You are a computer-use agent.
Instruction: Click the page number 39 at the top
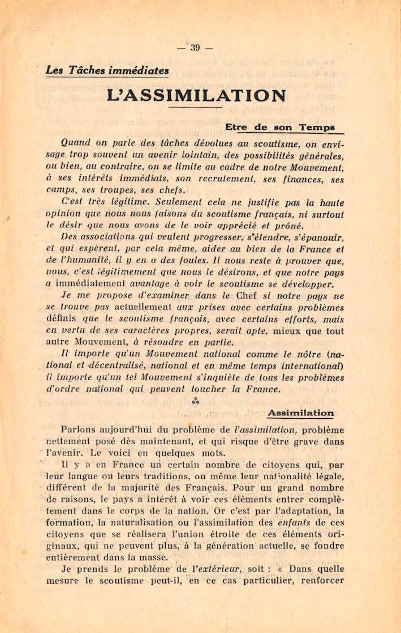195,48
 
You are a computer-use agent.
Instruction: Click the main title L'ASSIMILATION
196,95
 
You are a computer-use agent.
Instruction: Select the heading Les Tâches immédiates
107,70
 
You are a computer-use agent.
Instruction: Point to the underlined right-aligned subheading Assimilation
300,413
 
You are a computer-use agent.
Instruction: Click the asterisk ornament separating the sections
196,401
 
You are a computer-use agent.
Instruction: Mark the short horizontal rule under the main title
196,107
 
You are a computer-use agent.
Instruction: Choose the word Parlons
80,430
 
